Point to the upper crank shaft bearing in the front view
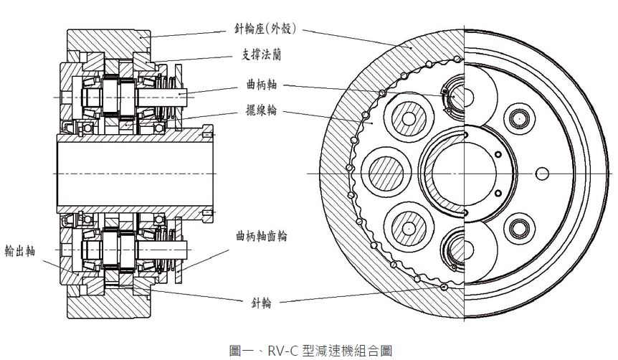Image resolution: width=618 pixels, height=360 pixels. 456,96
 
